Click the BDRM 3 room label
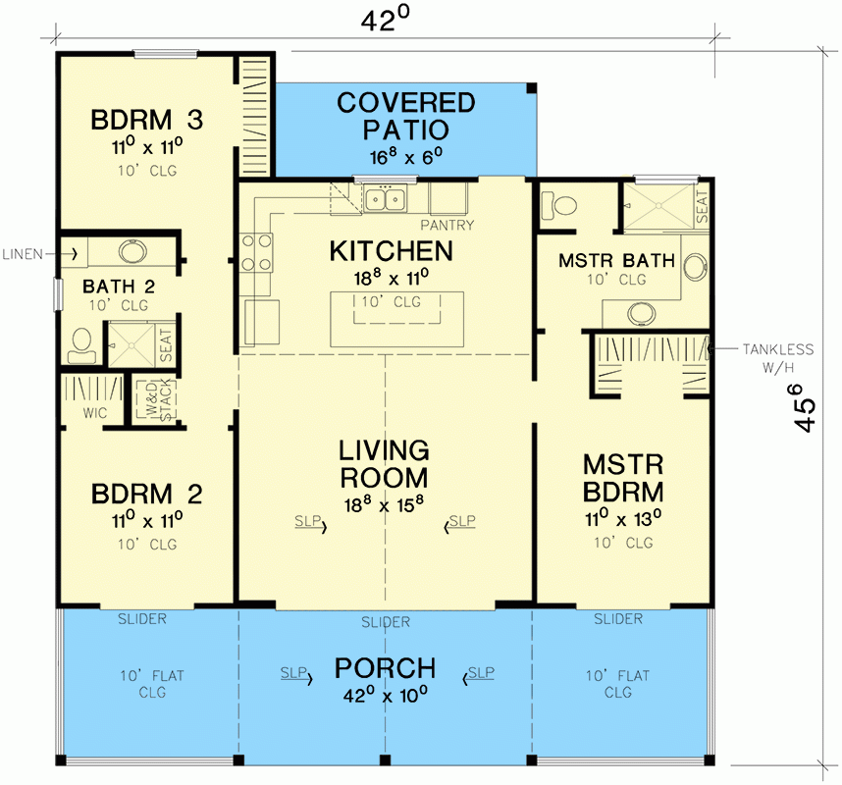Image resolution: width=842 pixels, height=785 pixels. pyautogui.click(x=147, y=121)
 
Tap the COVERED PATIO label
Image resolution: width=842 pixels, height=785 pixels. pyautogui.click(x=405, y=116)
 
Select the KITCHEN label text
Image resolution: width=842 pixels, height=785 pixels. pyautogui.click(x=391, y=251)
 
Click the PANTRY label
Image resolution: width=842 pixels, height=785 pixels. pyautogui.click(x=451, y=226)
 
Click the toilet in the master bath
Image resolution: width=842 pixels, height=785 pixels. pyautogui.click(x=561, y=207)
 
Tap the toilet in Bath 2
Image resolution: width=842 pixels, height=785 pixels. pyautogui.click(x=80, y=342)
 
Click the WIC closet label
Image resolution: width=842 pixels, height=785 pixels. pyautogui.click(x=94, y=413)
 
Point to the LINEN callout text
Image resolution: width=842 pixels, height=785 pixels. pyautogui.click(x=22, y=254)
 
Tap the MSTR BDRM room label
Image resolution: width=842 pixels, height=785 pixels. pyautogui.click(x=623, y=477)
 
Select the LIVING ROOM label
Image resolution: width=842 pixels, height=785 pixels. pyautogui.click(x=384, y=464)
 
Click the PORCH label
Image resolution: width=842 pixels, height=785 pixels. pyautogui.click(x=385, y=669)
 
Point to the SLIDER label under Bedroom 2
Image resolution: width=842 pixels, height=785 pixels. pyautogui.click(x=142, y=619)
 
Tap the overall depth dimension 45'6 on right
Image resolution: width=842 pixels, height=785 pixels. pyautogui.click(x=806, y=407)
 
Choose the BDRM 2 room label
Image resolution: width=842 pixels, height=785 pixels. pyautogui.click(x=147, y=492)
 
